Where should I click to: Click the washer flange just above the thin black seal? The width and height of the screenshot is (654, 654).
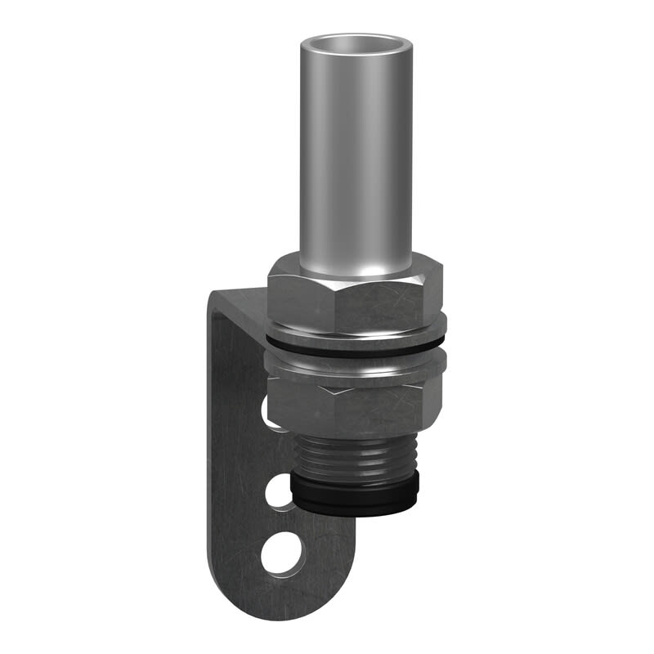coord(356,336)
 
